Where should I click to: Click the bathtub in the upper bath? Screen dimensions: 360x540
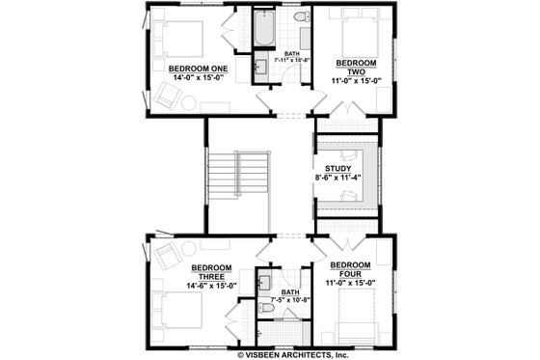(262, 29)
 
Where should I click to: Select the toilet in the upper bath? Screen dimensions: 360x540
(298, 18)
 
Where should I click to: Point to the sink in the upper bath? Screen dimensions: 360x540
(260, 68)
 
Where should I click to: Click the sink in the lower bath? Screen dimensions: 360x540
(263, 282)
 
